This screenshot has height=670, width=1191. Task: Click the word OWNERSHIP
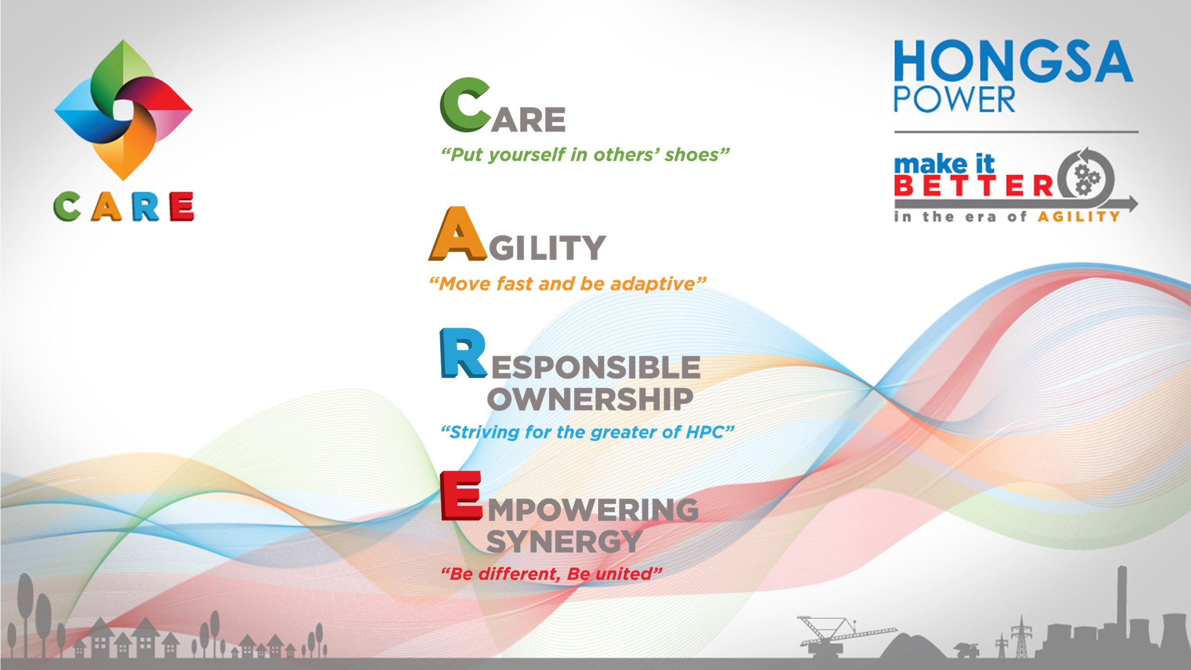tap(590, 399)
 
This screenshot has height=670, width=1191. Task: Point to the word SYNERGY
tap(564, 541)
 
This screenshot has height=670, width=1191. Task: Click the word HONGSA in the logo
tap(1013, 61)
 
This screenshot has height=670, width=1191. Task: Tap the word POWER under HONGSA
tap(954, 99)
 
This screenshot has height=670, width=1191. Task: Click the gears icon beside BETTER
tap(1086, 180)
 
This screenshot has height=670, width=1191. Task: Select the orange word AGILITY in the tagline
tap(1078, 217)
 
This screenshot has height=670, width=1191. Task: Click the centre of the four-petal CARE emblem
tap(124, 111)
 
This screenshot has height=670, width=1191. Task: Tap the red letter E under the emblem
tap(182, 206)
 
